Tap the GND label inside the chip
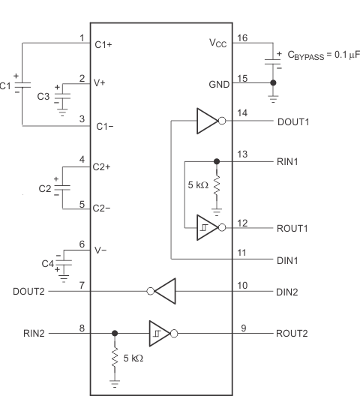pos(219,85)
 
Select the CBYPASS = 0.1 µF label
pos(319,54)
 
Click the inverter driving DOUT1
pos(208,121)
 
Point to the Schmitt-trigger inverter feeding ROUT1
pos(208,226)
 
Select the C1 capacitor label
pos(7,85)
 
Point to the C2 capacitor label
pos(43,188)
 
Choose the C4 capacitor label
pos(46,262)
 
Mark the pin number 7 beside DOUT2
pos(81,285)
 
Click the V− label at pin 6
pos(102,250)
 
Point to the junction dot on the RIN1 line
pos(217,161)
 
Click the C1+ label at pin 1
pos(104,44)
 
